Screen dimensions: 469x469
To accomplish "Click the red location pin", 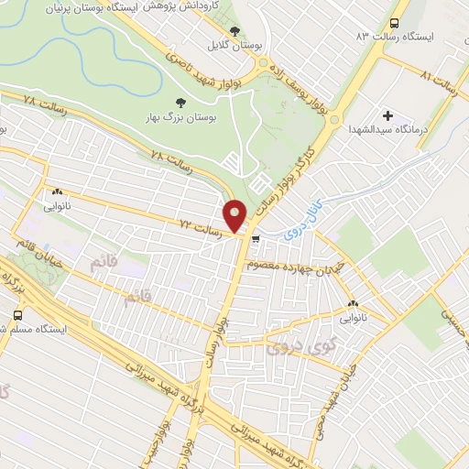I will pyautogui.click(x=236, y=215).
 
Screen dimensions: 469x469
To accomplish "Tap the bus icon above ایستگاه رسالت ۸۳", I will pyautogui.click(x=394, y=24).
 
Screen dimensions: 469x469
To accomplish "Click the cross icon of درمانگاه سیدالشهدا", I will pyautogui.click(x=387, y=115).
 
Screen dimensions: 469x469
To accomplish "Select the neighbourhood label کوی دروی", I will pyautogui.click(x=290, y=348).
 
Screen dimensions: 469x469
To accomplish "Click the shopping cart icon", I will pyautogui.click(x=255, y=240).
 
